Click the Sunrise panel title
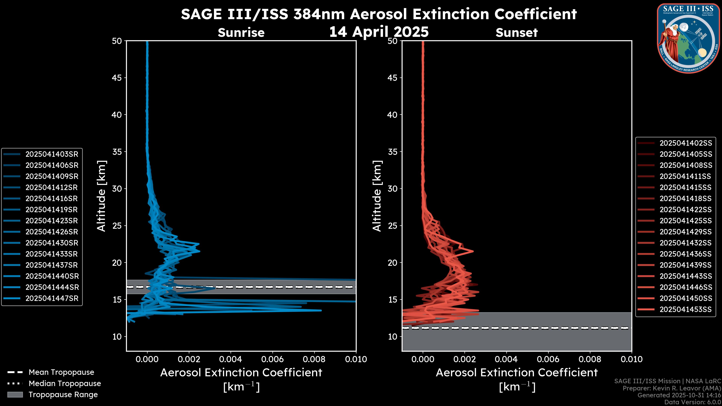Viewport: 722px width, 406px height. tap(241, 33)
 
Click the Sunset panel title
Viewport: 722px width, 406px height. tap(516, 33)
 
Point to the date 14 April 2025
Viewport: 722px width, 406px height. tap(379, 32)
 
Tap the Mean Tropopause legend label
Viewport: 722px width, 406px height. tap(61, 372)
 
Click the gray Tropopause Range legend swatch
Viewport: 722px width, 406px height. tap(15, 395)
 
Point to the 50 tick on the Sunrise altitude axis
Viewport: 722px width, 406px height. tap(117, 41)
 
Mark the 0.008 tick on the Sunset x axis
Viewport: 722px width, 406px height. tap(590, 359)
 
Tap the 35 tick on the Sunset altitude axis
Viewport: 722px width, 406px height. tap(392, 152)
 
